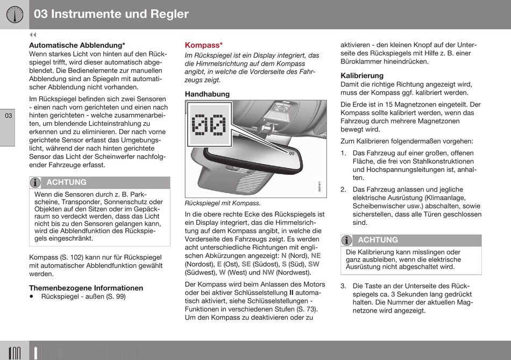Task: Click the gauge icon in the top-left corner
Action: tap(15, 15)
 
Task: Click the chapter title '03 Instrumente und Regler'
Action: tap(111, 14)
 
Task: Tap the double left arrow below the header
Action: tap(33, 35)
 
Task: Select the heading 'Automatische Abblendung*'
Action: tap(77, 45)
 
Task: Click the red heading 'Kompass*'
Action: tap(204, 45)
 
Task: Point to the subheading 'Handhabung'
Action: tap(207, 94)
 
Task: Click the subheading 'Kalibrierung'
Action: tap(362, 76)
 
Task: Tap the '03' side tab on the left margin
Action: tap(8, 116)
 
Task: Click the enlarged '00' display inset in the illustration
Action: tap(209, 124)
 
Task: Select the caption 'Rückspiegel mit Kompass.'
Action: tap(223, 203)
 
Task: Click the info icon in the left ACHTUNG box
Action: tap(35, 182)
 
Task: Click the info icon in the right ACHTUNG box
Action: tap(347, 241)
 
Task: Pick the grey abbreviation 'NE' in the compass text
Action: tap(316, 256)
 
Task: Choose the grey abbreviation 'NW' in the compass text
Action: tap(268, 272)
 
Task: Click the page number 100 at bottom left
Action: tap(15, 354)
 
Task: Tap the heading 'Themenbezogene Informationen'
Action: tap(86, 288)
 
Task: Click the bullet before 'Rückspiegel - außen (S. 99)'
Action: tap(31, 297)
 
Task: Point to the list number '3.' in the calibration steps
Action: tap(344, 286)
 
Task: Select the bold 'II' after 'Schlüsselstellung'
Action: tap(292, 293)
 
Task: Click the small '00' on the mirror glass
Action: tap(292, 153)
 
